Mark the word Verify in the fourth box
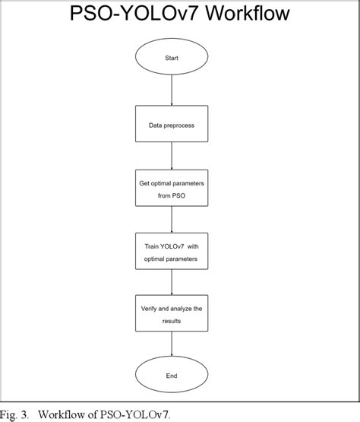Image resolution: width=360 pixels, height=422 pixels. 150,309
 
